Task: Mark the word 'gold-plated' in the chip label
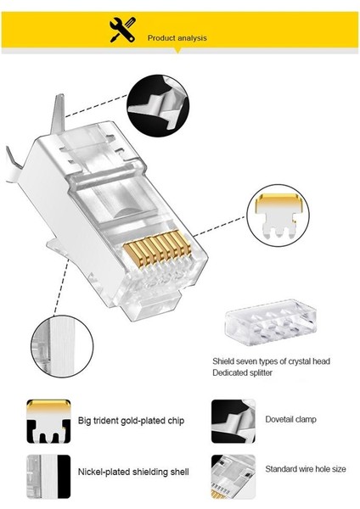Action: [133, 419]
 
